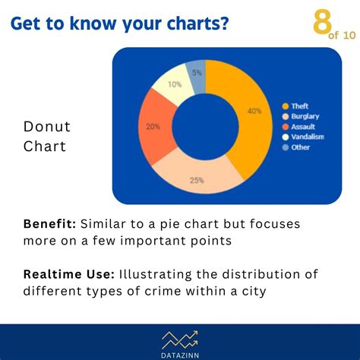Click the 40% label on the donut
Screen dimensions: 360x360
point(254,111)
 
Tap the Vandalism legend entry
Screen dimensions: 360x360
point(307,137)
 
